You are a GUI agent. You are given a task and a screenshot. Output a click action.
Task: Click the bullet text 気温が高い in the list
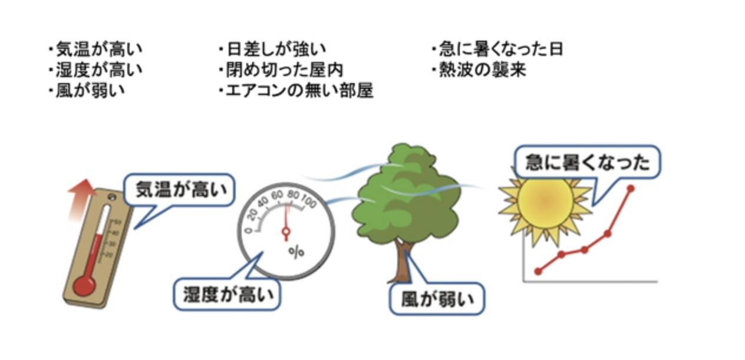(99, 49)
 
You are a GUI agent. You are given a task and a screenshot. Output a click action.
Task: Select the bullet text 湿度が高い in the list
(99, 70)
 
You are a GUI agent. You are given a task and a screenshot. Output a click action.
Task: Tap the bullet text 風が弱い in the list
(90, 91)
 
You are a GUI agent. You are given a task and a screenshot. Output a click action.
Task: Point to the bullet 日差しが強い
(276, 49)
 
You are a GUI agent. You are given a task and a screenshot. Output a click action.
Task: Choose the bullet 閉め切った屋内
(285, 70)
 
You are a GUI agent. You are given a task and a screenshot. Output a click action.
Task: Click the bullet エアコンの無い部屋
(299, 91)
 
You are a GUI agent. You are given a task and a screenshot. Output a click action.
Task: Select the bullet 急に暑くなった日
(501, 49)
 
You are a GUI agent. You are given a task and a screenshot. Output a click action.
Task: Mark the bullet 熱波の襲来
(483, 70)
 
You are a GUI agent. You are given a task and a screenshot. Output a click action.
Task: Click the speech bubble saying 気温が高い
(180, 190)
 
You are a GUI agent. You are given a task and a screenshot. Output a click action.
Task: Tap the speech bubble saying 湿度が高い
(227, 295)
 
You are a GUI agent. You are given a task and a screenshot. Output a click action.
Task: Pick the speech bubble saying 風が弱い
(437, 299)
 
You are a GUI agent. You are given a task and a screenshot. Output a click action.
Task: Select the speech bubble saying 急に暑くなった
(588, 162)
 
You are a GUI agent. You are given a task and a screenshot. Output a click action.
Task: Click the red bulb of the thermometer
(84, 286)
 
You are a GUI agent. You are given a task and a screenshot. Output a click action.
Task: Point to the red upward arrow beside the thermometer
(80, 200)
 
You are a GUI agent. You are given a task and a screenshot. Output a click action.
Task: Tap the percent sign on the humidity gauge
(296, 252)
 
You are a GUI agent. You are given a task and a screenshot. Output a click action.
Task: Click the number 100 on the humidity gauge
(309, 201)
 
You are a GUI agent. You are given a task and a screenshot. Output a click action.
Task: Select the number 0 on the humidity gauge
(248, 230)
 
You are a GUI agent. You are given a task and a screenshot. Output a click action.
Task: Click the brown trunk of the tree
(403, 263)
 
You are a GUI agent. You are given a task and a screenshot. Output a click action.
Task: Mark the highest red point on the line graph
(630, 189)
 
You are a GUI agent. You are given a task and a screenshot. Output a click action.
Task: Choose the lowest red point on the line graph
(538, 271)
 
